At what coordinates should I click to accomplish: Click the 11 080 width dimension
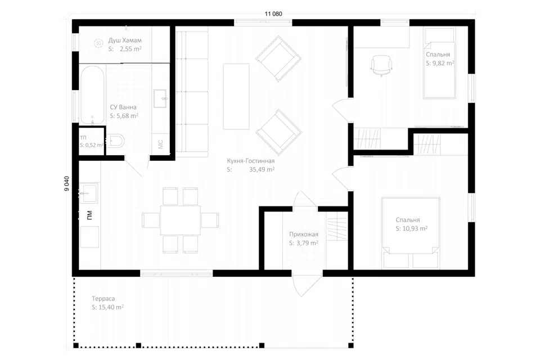273,13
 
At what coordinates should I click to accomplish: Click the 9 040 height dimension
67,183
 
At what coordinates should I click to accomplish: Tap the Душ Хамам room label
125,40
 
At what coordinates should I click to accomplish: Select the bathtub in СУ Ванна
92,94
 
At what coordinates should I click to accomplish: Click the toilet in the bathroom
116,141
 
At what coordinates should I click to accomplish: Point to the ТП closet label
83,138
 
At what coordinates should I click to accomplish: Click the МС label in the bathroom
160,144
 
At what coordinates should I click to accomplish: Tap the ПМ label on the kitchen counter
89,215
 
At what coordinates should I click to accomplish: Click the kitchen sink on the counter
89,193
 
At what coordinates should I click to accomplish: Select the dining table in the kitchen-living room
181,220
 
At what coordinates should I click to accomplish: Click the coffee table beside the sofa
236,96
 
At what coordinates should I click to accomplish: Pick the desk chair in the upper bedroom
381,65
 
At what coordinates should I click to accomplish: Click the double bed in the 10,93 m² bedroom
411,232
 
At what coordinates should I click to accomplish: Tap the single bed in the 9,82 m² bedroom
439,63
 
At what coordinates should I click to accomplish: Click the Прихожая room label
303,234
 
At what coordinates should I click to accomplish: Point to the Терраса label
103,299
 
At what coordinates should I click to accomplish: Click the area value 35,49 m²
262,169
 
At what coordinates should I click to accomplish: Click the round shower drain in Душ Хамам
99,43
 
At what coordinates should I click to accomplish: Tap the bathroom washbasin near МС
160,98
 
